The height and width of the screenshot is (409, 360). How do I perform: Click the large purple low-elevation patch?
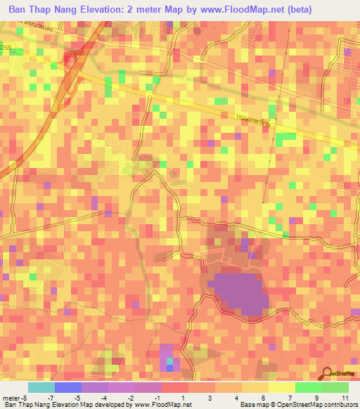point(239,292)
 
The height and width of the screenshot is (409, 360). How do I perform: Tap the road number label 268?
point(6,46)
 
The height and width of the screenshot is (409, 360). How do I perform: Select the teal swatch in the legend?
point(41,387)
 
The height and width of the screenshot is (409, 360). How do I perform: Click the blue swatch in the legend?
point(67,387)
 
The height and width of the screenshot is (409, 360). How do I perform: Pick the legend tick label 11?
point(345,397)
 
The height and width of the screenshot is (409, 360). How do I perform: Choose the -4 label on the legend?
point(105,397)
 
